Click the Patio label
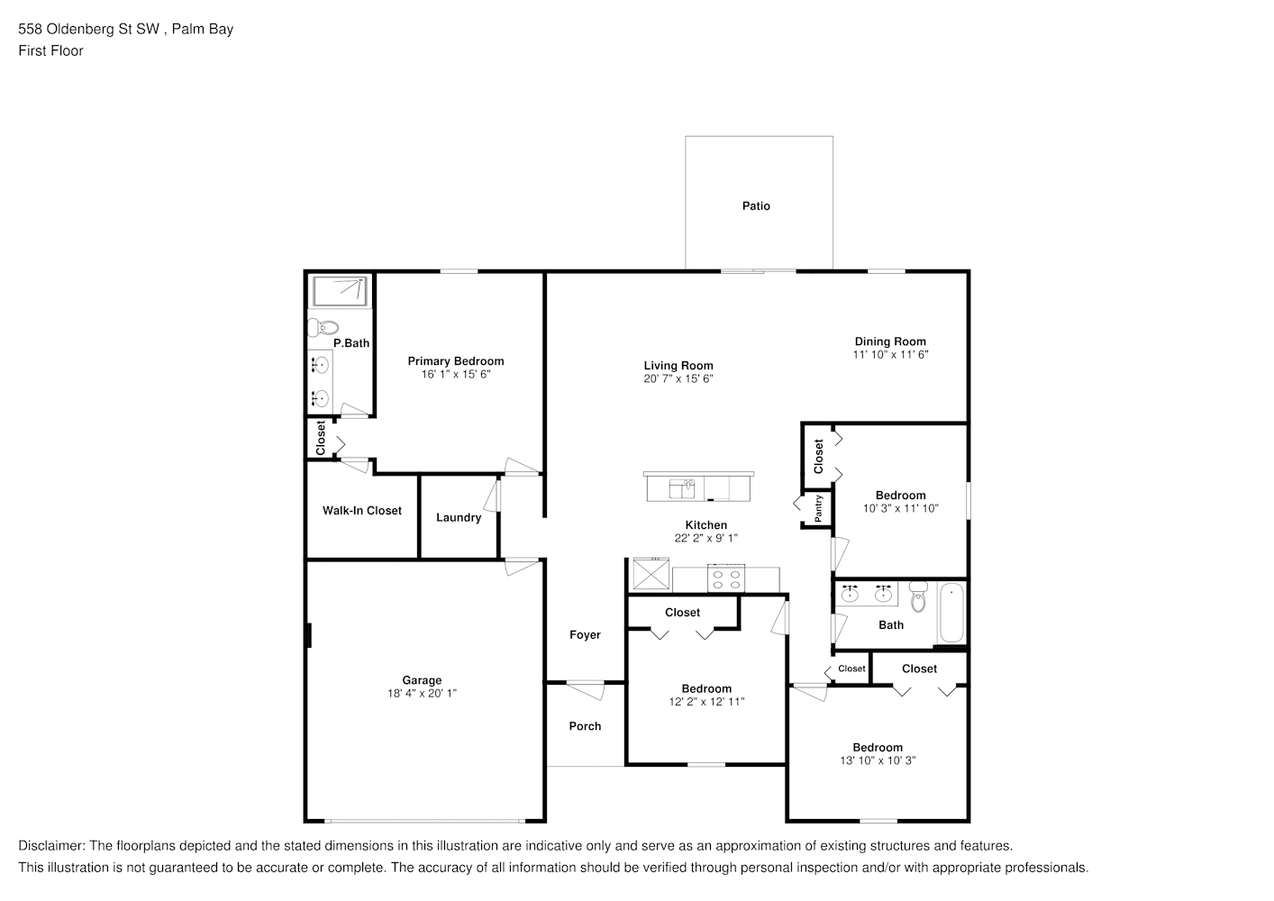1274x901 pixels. [x=756, y=206]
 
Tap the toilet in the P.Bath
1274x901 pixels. [x=323, y=328]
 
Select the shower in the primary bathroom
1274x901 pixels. [x=340, y=292]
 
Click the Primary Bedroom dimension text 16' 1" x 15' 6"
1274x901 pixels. [x=456, y=374]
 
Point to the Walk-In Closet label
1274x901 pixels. [x=361, y=511]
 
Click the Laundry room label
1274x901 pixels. [x=459, y=517]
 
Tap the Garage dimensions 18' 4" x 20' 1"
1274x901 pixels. [x=422, y=694]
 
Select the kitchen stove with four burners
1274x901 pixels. [x=726, y=578]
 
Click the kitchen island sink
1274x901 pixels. [x=682, y=489]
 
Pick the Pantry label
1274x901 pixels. [x=818, y=508]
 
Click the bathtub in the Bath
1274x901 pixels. [x=951, y=612]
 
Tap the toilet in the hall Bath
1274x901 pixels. [x=918, y=596]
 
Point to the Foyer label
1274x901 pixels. [x=585, y=635]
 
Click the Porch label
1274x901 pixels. [x=585, y=726]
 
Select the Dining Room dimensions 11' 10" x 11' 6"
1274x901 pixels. [x=890, y=354]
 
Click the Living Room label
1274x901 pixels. [x=678, y=366]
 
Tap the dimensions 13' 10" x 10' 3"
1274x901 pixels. [x=878, y=760]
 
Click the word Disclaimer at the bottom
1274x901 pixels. [x=51, y=846]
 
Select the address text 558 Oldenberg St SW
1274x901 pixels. [x=88, y=29]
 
